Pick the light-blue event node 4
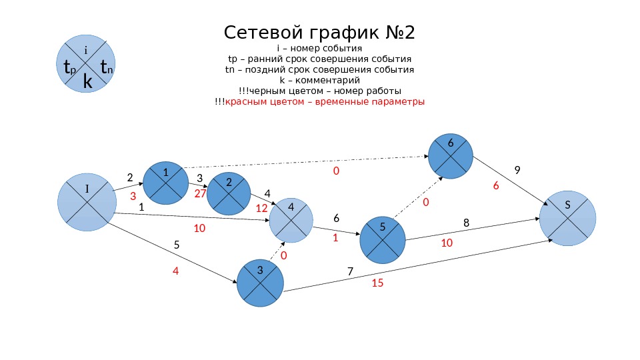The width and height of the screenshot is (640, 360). point(291,220)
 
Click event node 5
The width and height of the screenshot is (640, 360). point(383,238)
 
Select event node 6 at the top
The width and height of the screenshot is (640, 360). point(451,156)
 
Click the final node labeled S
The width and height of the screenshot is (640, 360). point(567,217)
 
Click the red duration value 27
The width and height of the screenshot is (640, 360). point(200,193)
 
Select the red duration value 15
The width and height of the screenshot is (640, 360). point(377,283)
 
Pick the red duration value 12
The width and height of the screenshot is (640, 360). point(261,208)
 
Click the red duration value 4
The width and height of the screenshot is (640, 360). point(176,271)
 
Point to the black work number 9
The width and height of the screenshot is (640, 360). point(517,170)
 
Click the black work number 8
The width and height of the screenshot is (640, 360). point(466,223)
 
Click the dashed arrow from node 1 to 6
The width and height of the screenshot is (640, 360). point(307,162)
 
